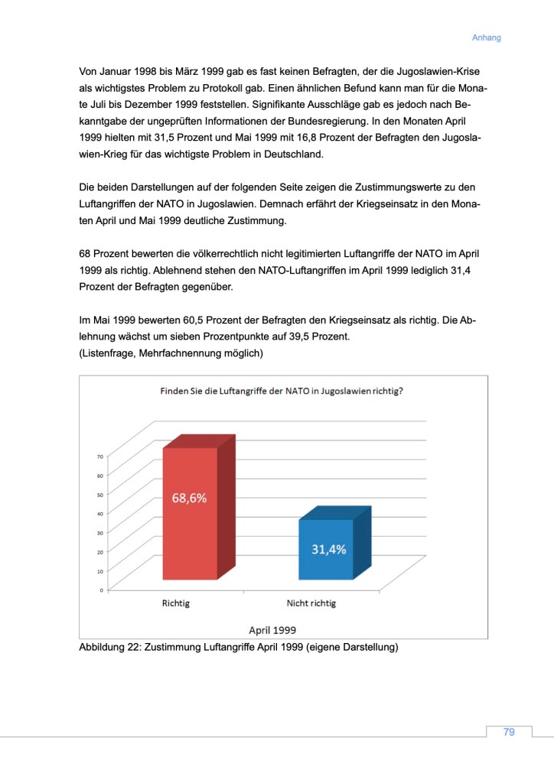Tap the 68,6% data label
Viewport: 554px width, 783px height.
click(x=188, y=497)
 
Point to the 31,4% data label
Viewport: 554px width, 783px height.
click(x=328, y=549)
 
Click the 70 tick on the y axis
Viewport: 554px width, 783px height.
click(x=99, y=456)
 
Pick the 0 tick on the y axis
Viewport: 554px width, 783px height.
click(x=101, y=590)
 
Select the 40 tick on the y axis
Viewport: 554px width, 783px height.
click(x=99, y=513)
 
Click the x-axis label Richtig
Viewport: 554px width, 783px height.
click(x=175, y=603)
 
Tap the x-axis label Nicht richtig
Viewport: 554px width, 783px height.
click(x=311, y=603)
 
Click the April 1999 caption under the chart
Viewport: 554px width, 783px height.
click(x=273, y=629)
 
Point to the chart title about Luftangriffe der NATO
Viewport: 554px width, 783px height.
click(x=282, y=391)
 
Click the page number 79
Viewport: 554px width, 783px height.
click(x=509, y=732)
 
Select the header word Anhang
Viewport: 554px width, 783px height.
click(x=486, y=37)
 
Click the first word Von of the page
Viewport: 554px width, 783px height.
click(x=90, y=71)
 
